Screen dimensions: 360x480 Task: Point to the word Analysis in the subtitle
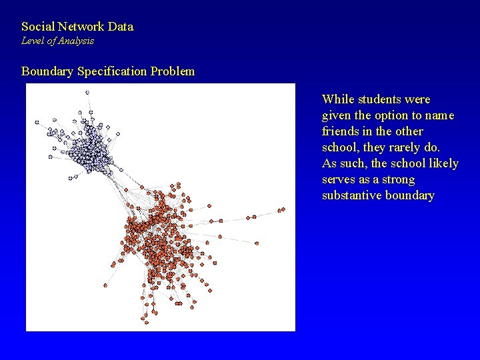[76, 41]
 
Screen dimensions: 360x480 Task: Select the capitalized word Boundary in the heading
[48, 71]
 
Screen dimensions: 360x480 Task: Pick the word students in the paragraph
[381, 99]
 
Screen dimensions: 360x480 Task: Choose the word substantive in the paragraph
[351, 195]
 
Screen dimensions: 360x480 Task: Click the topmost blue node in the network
[87, 92]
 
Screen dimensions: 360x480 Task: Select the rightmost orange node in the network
[282, 209]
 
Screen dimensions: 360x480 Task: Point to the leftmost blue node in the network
[37, 122]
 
